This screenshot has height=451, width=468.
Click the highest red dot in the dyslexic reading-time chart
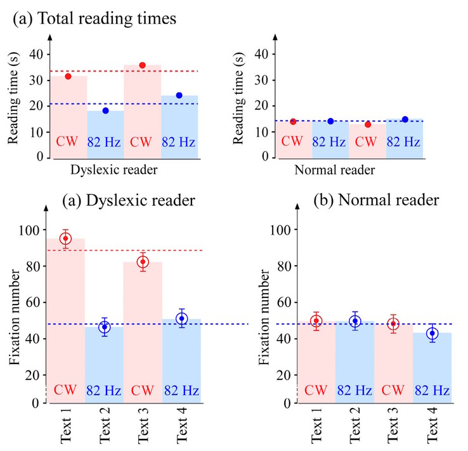pyautogui.click(x=143, y=65)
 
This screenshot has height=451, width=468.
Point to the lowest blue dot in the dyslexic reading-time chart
pyautogui.click(x=106, y=111)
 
